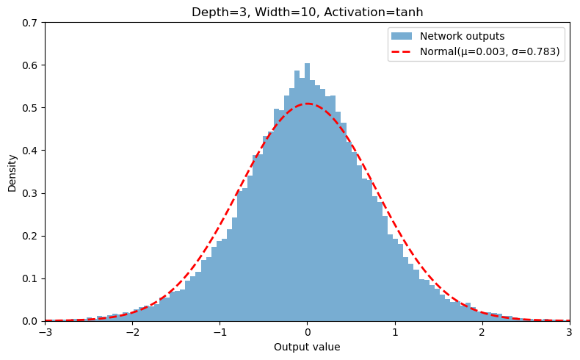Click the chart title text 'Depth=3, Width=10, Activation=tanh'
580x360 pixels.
pyautogui.click(x=307, y=12)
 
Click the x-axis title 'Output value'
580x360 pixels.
pyautogui.click(x=307, y=347)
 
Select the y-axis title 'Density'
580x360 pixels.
pyautogui.click(x=12, y=173)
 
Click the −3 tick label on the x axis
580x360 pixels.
pyautogui.click(x=45, y=332)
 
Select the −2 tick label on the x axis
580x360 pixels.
pyautogui.click(x=132, y=332)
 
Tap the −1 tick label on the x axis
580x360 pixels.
pyautogui.click(x=220, y=332)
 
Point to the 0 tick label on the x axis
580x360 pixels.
pyautogui.click(x=308, y=332)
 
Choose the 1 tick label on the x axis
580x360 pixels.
pyautogui.click(x=395, y=332)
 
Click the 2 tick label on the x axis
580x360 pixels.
pyautogui.click(x=482, y=332)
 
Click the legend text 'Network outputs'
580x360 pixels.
pyautogui.click(x=462, y=36)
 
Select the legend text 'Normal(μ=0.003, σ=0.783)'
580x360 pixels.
pyautogui.click(x=490, y=51)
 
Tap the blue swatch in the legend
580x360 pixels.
pyautogui.click(x=402, y=36)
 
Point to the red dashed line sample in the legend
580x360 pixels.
pyautogui.click(x=402, y=51)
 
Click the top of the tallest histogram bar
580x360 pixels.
pyautogui.click(x=307, y=64)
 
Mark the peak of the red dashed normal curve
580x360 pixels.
pyautogui.click(x=308, y=104)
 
